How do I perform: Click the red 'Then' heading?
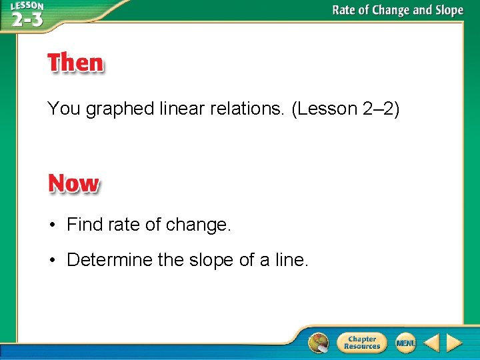point(75,63)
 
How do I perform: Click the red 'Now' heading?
point(73,183)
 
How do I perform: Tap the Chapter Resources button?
point(362,343)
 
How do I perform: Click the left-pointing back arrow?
point(431,343)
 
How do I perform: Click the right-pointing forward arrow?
point(454,343)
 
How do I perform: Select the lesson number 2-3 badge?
point(27,15)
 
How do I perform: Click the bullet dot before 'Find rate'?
point(51,225)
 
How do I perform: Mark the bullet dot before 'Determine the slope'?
point(51,259)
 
